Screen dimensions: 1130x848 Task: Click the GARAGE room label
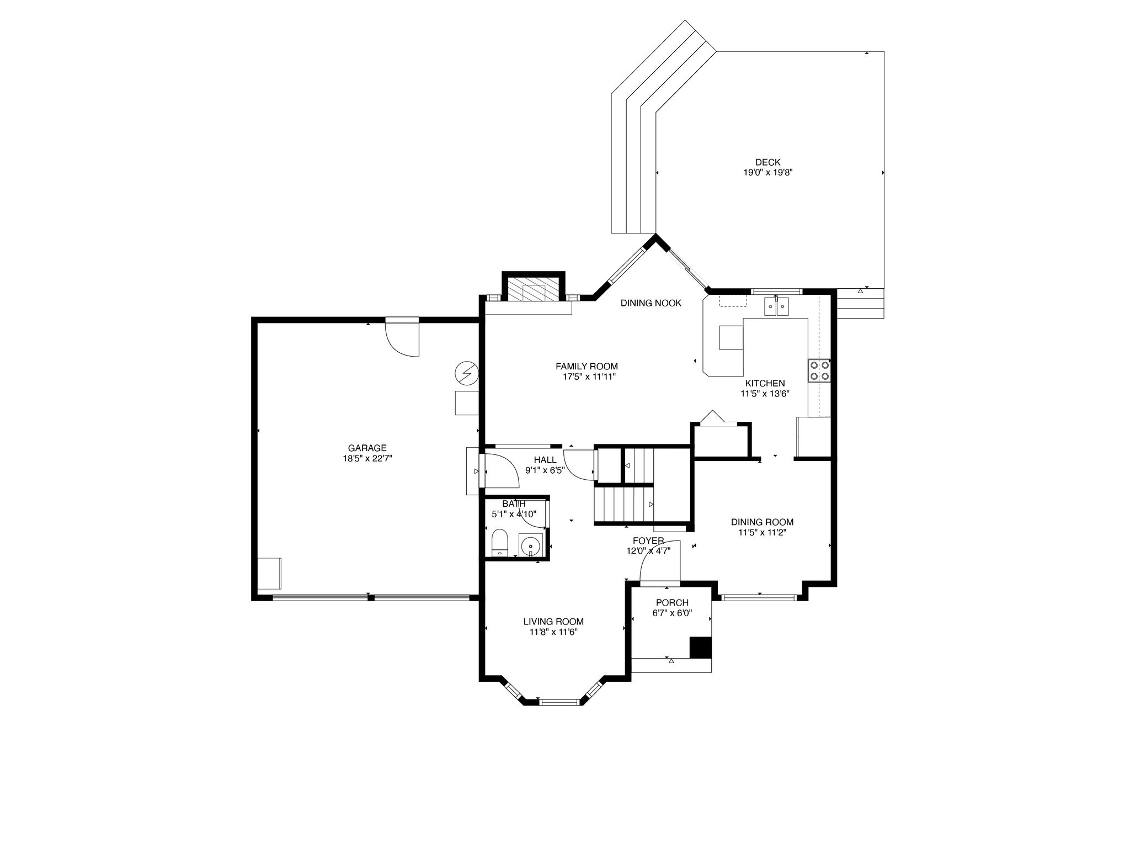(367, 448)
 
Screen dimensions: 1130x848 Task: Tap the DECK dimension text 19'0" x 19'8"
(768, 172)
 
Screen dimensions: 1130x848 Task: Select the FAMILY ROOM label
(587, 366)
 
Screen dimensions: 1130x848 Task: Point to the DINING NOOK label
(651, 303)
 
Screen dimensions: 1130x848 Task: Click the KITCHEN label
(765, 383)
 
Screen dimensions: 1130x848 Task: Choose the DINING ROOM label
(762, 522)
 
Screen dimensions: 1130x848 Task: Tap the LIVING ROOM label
(553, 622)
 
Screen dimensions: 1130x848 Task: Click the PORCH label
(672, 602)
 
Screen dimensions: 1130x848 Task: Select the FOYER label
(648, 540)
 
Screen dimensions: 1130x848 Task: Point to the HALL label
(545, 460)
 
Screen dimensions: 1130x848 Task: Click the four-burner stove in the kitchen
(819, 370)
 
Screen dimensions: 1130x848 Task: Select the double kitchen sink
(777, 306)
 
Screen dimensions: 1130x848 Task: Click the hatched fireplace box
(533, 288)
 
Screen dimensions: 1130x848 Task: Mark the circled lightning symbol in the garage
(467, 374)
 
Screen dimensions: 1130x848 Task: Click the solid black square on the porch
(700, 647)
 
